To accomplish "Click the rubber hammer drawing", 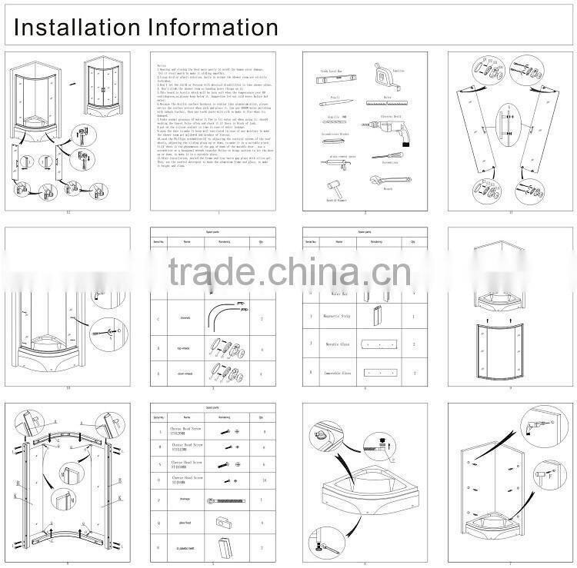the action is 335,189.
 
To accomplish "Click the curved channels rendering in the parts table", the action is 226,314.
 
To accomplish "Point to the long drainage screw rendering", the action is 225,502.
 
